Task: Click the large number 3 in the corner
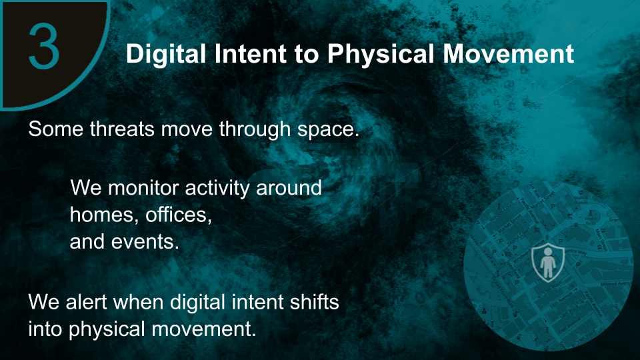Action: click(x=44, y=46)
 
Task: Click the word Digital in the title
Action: click(x=166, y=54)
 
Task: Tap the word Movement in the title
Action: click(x=509, y=54)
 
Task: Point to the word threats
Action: click(x=122, y=129)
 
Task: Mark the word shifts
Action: click(x=314, y=302)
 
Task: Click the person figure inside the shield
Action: click(x=548, y=263)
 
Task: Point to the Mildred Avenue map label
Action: click(x=615, y=283)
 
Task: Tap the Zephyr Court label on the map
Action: click(x=517, y=239)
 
